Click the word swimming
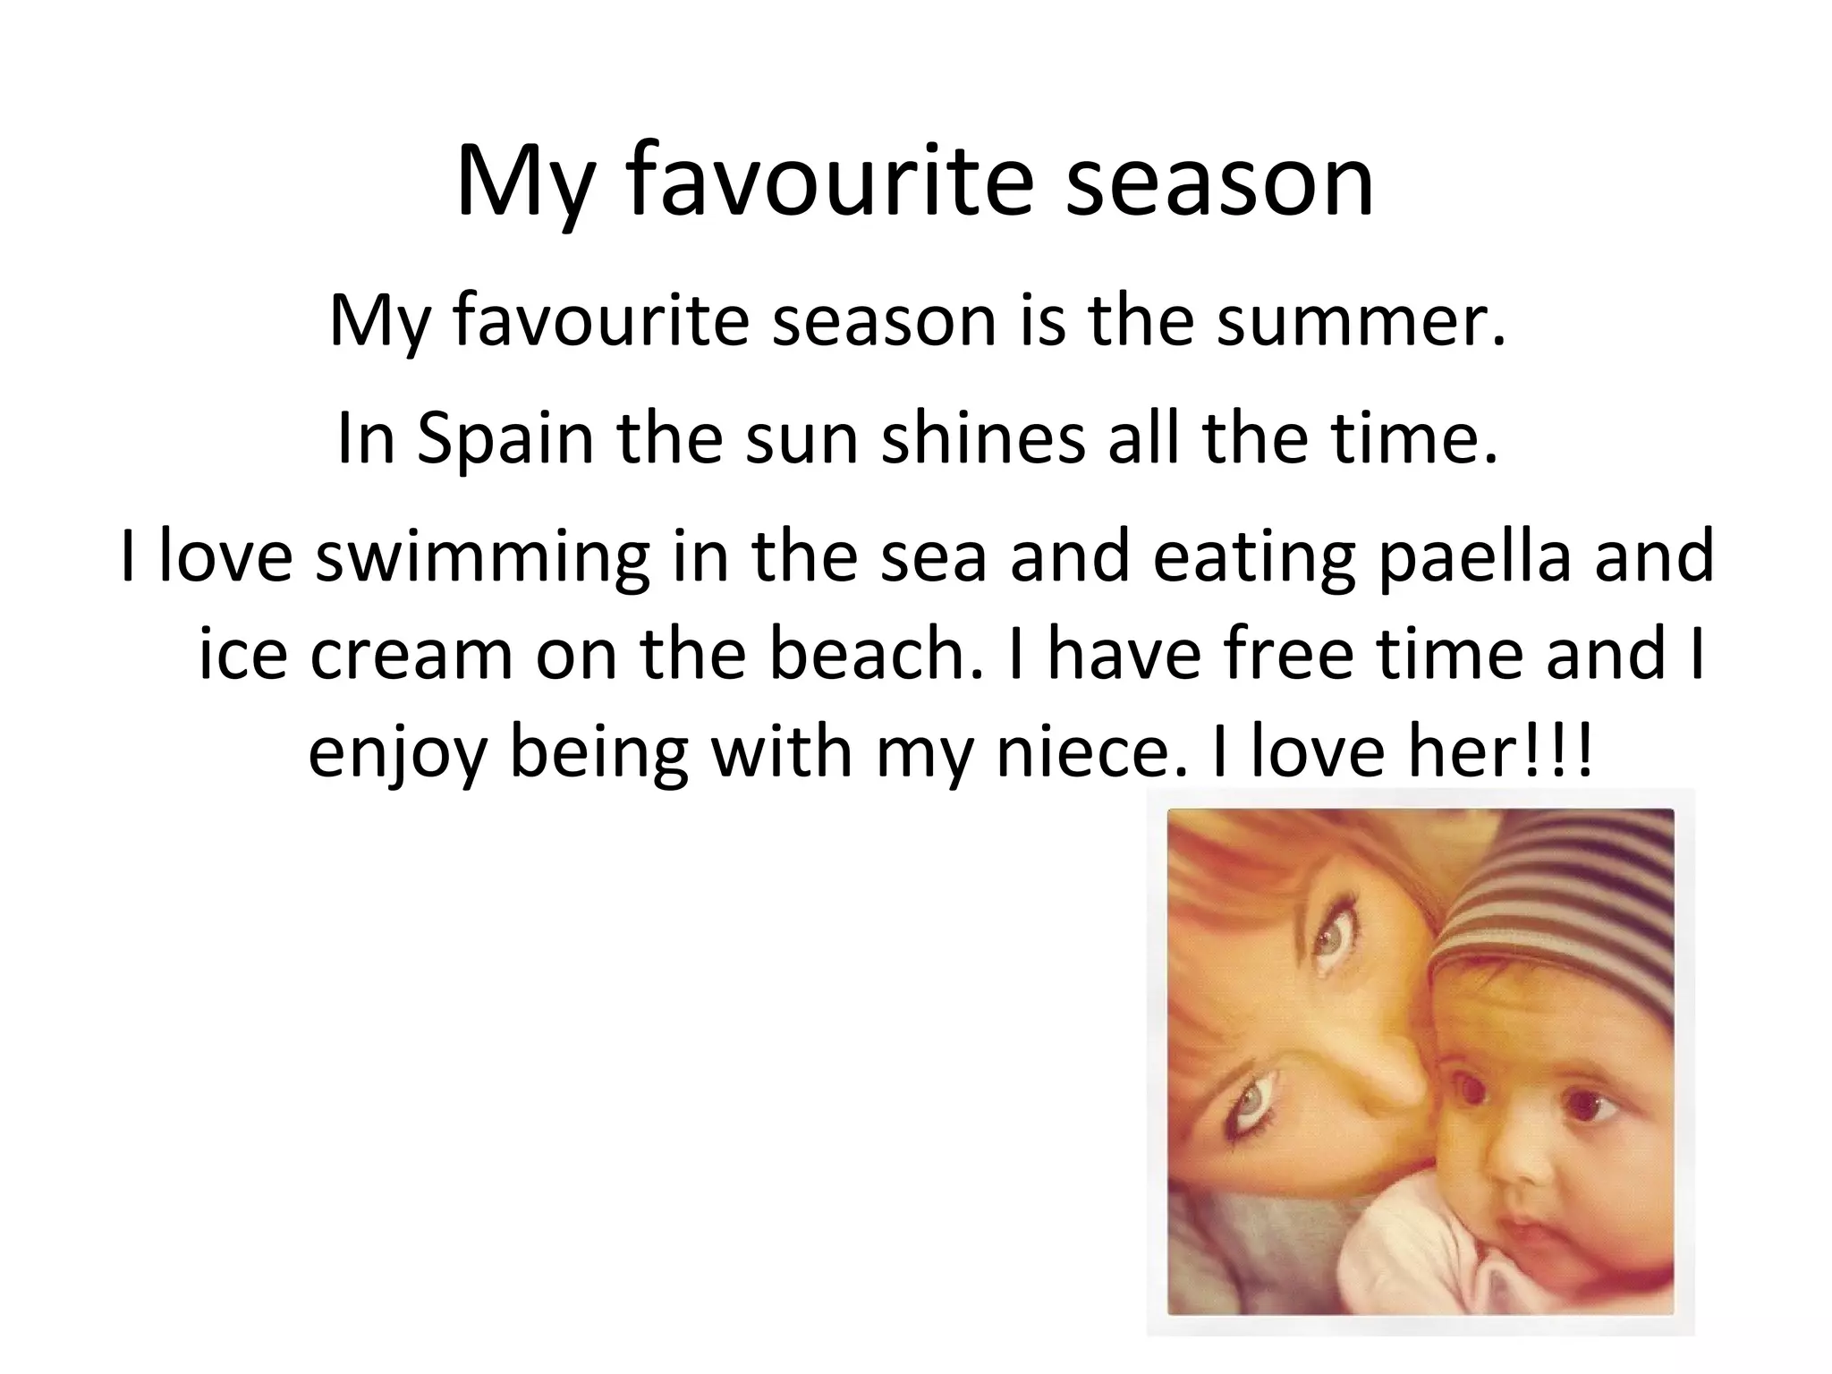pyautogui.click(x=482, y=556)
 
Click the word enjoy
pyautogui.click(x=397, y=753)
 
